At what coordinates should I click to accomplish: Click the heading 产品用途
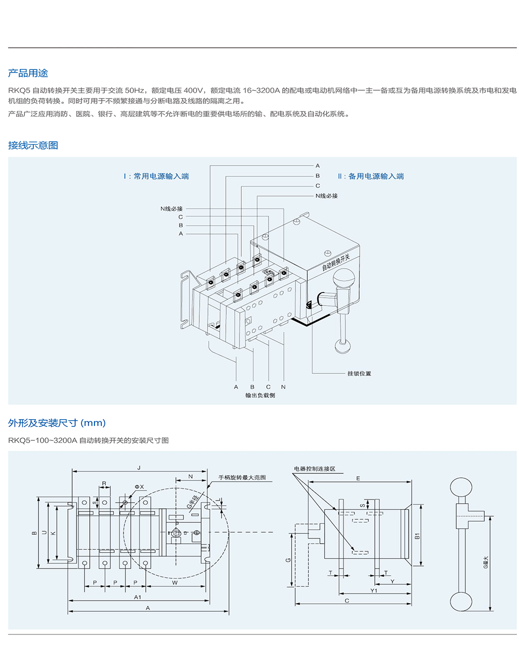click(28, 73)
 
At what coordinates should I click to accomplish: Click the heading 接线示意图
click(33, 145)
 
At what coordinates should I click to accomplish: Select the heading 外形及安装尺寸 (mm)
click(57, 423)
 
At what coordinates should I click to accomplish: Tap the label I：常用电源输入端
click(156, 176)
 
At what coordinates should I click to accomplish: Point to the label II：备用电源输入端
click(371, 176)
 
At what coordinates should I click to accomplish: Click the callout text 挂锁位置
click(359, 373)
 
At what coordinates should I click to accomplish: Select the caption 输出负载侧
click(261, 395)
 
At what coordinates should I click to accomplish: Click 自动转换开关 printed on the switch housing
click(336, 262)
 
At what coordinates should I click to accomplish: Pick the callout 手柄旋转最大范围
click(242, 477)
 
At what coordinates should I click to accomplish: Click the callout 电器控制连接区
click(315, 469)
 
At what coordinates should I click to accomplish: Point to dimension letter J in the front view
click(139, 468)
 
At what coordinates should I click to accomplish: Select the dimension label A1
click(138, 597)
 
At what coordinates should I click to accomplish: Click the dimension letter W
click(175, 583)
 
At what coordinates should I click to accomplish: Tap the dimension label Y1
click(374, 590)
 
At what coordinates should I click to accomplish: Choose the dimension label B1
click(417, 536)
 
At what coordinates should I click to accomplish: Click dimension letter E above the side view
click(358, 478)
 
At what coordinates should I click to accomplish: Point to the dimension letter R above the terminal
click(104, 483)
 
